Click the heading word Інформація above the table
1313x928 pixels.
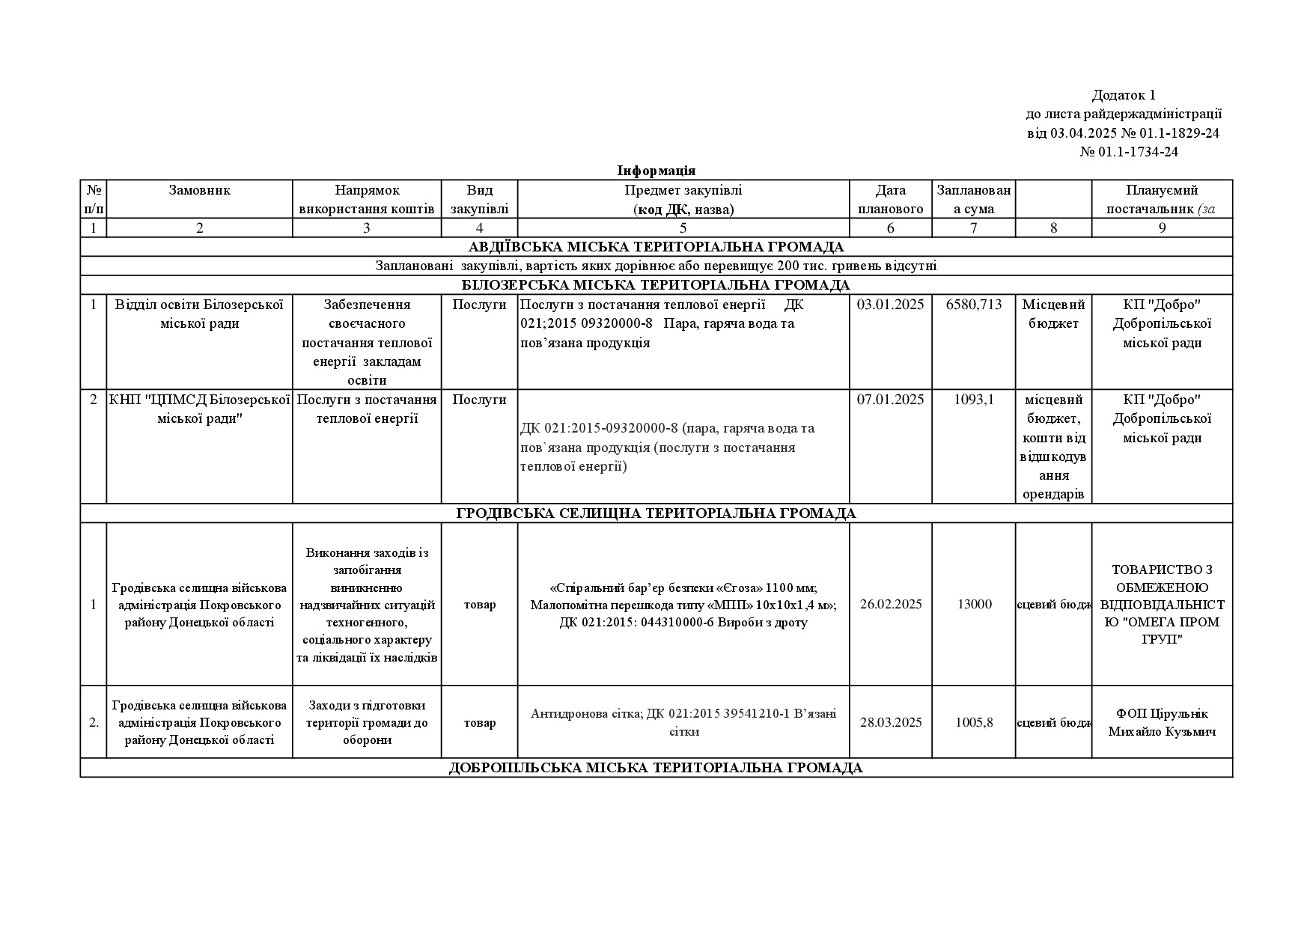(x=656, y=171)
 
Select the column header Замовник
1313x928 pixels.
(x=199, y=190)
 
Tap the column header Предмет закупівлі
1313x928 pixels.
(x=683, y=190)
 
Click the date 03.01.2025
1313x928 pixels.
(x=890, y=305)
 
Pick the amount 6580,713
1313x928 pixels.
(x=973, y=305)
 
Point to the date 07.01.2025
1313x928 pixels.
(x=890, y=400)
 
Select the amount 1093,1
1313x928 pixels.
(x=973, y=400)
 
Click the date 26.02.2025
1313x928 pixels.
(x=890, y=604)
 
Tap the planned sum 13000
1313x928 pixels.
(x=974, y=604)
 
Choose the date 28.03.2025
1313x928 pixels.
(x=890, y=722)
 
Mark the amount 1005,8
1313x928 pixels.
(x=974, y=722)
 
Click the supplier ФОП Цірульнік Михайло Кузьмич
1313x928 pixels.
(x=1162, y=722)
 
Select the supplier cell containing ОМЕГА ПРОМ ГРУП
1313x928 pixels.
(x=1162, y=604)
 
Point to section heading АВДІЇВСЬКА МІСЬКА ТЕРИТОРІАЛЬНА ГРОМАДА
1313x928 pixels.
(x=656, y=247)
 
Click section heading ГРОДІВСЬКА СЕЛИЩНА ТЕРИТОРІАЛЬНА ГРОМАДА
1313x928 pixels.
(x=656, y=513)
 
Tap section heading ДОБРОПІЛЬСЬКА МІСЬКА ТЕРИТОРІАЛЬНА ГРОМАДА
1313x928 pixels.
(x=656, y=768)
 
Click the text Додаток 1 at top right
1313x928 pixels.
(x=1124, y=95)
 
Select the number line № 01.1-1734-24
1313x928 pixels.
(x=1129, y=152)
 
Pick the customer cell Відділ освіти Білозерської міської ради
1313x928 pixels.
(x=199, y=314)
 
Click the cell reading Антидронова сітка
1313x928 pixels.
(x=683, y=722)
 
